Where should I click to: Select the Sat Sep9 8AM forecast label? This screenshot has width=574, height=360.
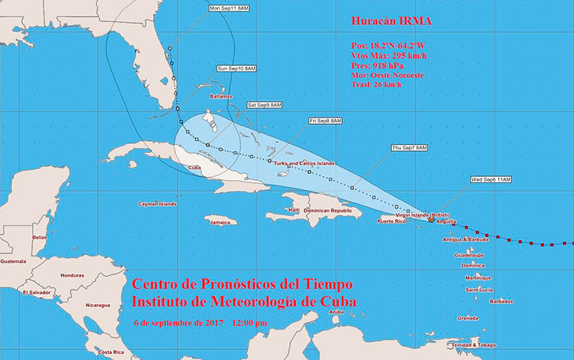pyautogui.click(x=264, y=104)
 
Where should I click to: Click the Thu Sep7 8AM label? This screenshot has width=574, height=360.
pyautogui.click(x=409, y=147)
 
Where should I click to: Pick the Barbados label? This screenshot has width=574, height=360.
pyautogui.click(x=501, y=301)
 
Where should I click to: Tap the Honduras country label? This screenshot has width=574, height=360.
pyautogui.click(x=72, y=276)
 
